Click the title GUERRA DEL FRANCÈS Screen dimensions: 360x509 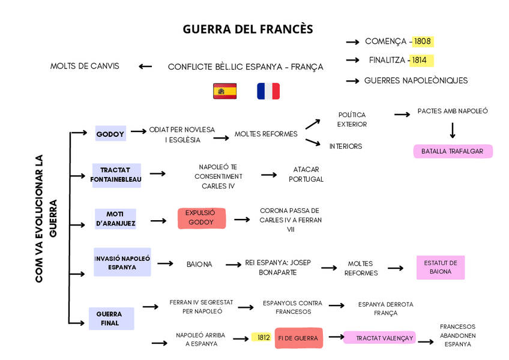click(x=247, y=29)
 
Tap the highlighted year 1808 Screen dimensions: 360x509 click(x=423, y=41)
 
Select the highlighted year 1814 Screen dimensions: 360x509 click(x=420, y=60)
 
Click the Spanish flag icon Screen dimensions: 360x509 click(x=224, y=91)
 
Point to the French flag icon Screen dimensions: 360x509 click(x=268, y=91)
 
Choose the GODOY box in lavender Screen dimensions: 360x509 click(x=110, y=134)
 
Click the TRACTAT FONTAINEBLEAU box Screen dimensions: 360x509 click(x=116, y=175)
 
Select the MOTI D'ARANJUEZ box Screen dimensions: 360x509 click(x=115, y=219)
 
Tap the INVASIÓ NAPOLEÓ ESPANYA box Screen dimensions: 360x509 click(x=122, y=262)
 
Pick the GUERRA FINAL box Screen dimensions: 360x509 click(x=112, y=319)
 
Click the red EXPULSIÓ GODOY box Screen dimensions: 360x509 click(x=201, y=218)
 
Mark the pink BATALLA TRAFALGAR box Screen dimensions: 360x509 click(x=453, y=151)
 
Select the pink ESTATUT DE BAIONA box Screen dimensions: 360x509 click(x=441, y=268)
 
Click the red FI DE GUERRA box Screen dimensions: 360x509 click(x=299, y=338)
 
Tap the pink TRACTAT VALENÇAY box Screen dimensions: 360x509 click(x=379, y=338)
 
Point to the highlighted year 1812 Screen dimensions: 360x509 click(x=262, y=337)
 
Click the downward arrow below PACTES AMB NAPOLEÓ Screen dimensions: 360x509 click(x=452, y=130)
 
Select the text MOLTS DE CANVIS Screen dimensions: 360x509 click(x=85, y=66)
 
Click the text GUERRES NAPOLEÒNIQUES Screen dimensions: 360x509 click(x=416, y=80)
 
